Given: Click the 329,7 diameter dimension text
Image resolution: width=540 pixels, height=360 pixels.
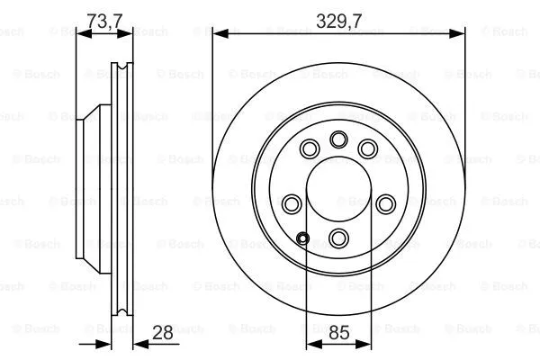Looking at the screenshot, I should tap(339, 15).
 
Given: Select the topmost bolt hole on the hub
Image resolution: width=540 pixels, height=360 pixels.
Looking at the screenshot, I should tap(338, 139).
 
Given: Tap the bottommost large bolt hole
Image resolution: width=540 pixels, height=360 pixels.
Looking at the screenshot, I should tap(338, 238).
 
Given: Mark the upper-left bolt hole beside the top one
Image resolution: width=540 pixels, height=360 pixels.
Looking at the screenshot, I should tap(310, 148).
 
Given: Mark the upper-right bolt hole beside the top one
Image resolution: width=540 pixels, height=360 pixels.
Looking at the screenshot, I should tap(367, 148).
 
